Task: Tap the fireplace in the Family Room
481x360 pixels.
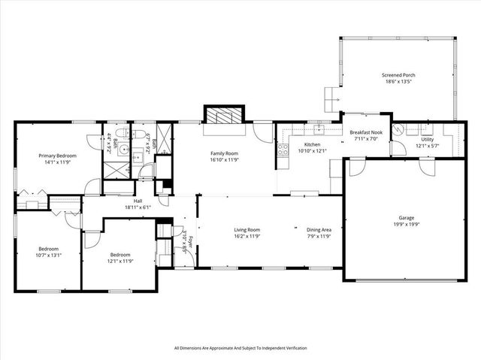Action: coord(224,116)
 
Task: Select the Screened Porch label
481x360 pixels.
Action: coord(398,75)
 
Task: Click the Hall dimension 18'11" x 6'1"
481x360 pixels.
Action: coord(138,207)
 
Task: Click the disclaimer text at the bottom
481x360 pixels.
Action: coord(240,348)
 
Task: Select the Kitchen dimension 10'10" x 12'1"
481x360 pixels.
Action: coord(312,150)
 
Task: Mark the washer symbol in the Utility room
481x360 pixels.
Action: coord(399,129)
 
